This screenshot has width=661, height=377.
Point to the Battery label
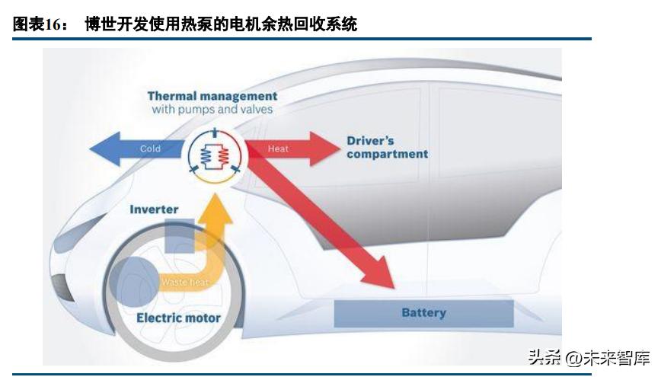click(x=423, y=312)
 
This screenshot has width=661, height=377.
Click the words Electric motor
click(x=178, y=318)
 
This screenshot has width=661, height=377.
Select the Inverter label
click(x=154, y=209)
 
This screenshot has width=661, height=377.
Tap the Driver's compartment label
click(x=387, y=147)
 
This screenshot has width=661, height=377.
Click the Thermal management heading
click(x=212, y=96)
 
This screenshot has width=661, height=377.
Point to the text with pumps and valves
click(x=212, y=110)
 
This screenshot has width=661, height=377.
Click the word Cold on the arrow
click(x=150, y=149)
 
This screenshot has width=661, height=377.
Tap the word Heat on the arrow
click(x=278, y=149)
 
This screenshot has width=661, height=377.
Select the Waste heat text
click(x=185, y=282)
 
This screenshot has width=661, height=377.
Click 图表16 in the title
click(x=36, y=24)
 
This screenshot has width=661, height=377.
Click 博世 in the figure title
click(x=101, y=24)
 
